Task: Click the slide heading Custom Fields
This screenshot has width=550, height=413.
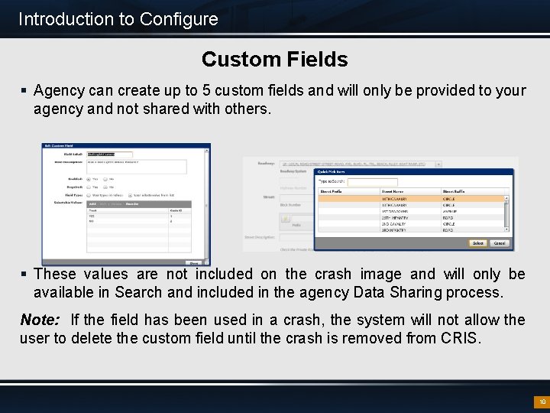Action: pos(274,59)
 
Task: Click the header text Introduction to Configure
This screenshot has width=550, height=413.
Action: pos(118,19)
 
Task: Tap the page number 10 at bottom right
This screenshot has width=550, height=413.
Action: pos(542,402)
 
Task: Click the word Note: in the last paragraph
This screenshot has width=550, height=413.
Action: pos(40,320)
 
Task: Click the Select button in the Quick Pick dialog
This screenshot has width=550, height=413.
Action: pos(477,243)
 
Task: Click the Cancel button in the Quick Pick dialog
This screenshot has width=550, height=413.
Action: pos(499,243)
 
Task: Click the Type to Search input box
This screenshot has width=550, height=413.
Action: pos(367,182)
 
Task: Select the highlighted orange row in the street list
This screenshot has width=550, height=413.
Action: pos(412,199)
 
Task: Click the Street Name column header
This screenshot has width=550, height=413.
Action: pos(393,191)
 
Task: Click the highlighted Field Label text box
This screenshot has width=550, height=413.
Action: pos(104,154)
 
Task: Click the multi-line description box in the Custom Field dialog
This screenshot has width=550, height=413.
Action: pos(136,166)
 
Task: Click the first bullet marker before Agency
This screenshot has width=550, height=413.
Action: pos(24,91)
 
